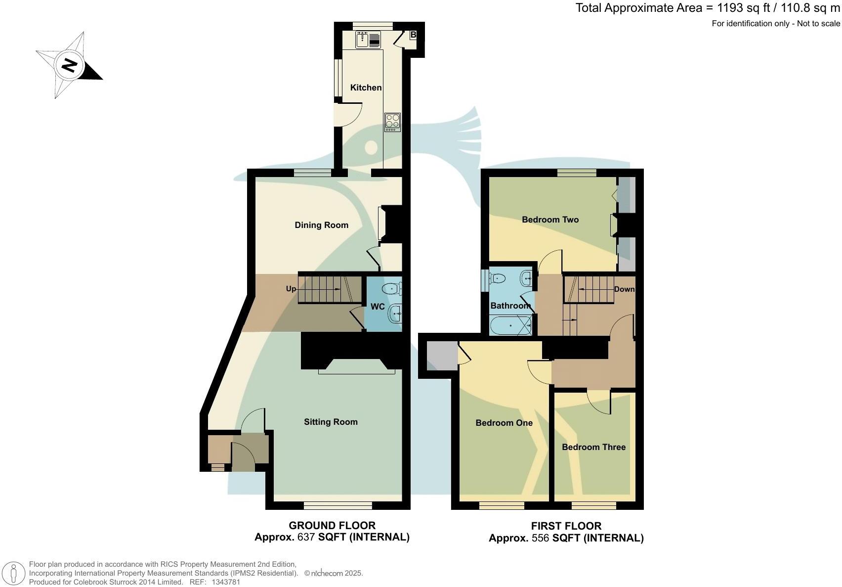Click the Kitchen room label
point(366,88)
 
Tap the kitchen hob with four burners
point(392,122)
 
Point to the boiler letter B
point(413,35)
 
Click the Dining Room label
point(321,225)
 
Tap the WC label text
point(378,307)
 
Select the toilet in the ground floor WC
point(392,287)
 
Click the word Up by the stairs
point(291,288)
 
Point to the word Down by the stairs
point(624,289)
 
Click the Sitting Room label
point(331,422)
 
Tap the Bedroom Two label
point(550,220)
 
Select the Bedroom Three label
point(593,447)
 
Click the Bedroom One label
point(504,423)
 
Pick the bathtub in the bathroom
point(510,326)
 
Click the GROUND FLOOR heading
point(332,526)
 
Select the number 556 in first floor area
point(541,538)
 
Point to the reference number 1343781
point(225,582)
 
